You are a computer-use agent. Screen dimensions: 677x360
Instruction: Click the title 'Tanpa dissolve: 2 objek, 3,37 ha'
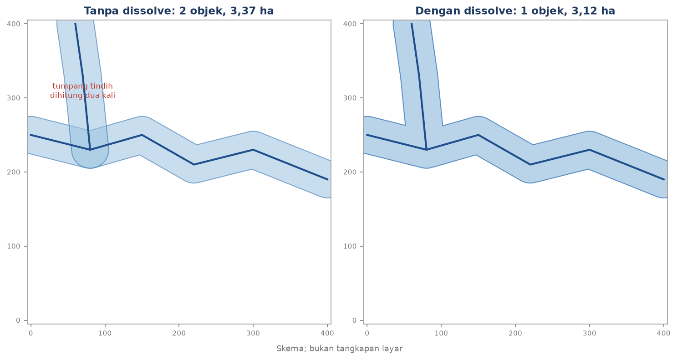(x=178, y=11)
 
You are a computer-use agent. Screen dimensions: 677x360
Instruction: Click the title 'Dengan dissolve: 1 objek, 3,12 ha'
(x=515, y=11)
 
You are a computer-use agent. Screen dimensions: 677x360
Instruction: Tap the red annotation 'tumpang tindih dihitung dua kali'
(x=82, y=91)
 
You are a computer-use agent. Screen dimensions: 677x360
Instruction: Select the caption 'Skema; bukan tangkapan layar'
(x=339, y=349)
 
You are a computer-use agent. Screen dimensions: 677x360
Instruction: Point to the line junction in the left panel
(x=90, y=150)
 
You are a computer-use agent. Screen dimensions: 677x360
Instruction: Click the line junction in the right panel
(x=427, y=150)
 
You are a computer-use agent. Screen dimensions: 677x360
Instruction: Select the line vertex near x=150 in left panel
(x=142, y=135)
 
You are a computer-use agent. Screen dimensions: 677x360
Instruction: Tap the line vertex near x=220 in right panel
(x=530, y=165)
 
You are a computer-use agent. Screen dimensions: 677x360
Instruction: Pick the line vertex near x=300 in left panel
(x=253, y=150)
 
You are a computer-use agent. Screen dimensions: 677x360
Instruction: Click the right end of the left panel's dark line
(x=328, y=180)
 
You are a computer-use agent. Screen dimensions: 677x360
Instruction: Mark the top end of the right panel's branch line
(x=412, y=23)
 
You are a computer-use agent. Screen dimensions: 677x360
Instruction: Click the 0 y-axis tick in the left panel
(x=18, y=320)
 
